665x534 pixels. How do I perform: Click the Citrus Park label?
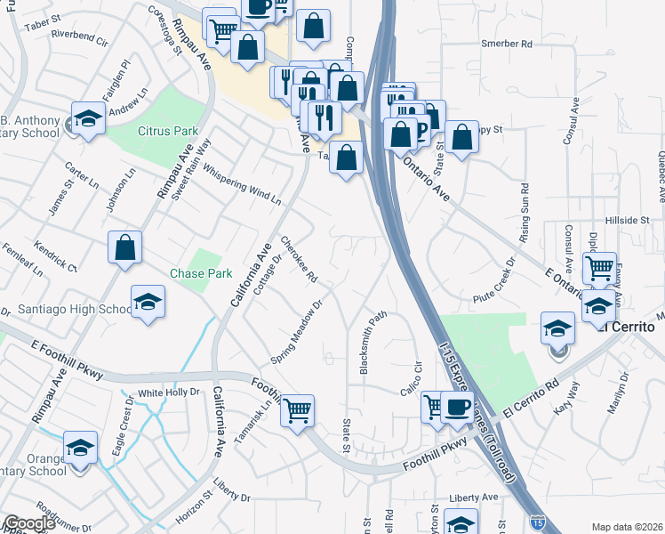168,131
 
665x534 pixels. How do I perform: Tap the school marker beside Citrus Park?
88,118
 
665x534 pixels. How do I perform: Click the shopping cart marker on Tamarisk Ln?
298,410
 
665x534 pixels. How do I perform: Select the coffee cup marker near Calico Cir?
457,408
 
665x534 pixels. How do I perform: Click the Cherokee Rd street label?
299,260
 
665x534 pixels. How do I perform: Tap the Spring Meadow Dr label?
296,331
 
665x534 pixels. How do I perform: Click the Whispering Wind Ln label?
241,182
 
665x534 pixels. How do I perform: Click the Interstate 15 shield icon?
536,522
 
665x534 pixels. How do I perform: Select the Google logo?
28,523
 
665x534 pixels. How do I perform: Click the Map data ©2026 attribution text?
627,527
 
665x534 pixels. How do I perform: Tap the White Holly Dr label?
168,392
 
